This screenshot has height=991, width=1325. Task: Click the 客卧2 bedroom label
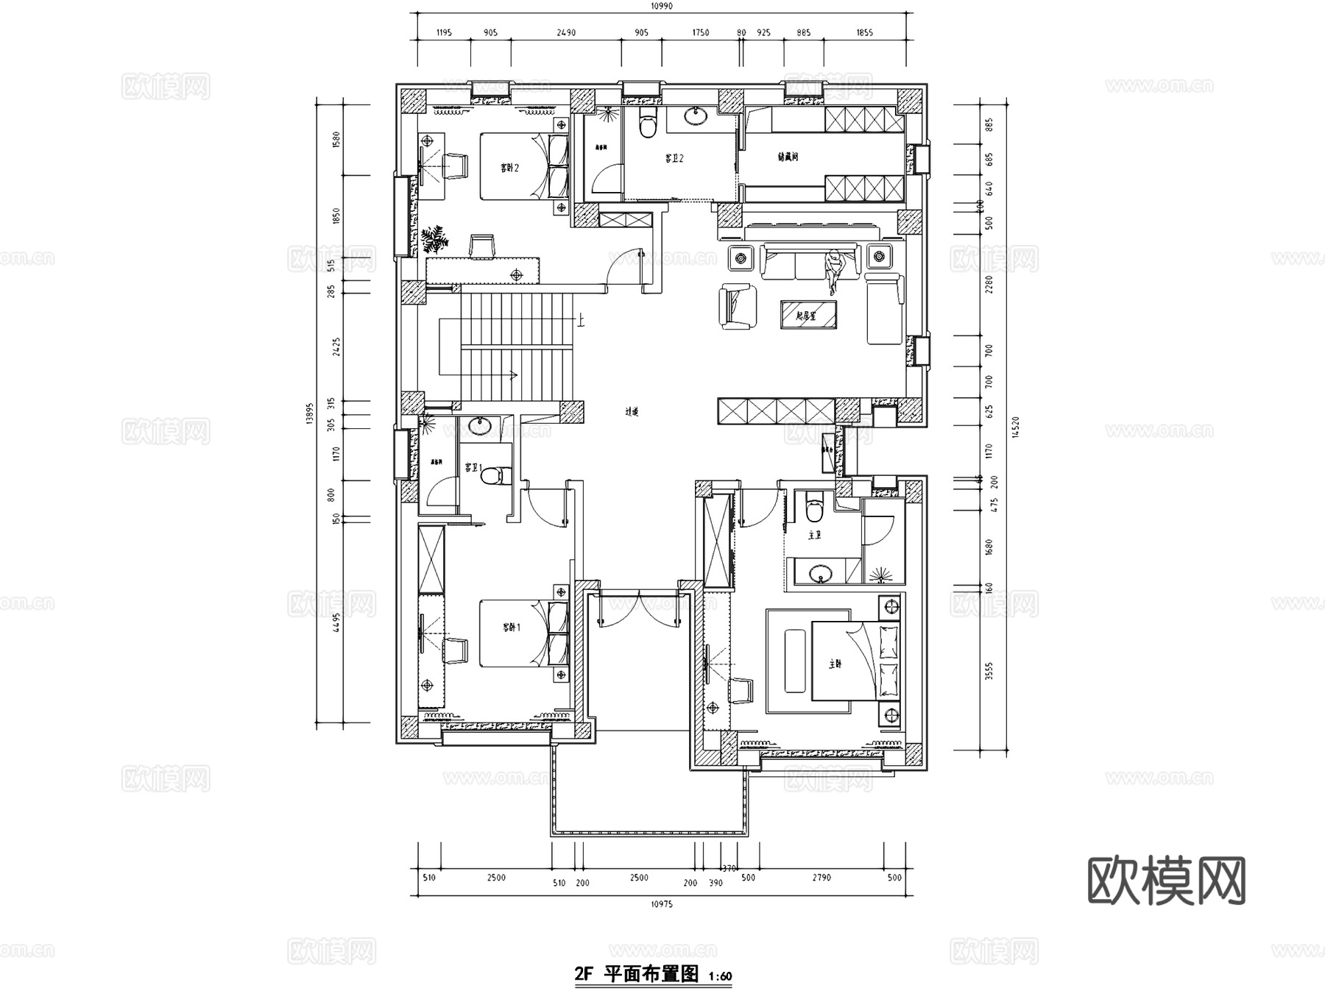(x=510, y=168)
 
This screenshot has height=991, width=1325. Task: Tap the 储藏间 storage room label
(x=788, y=157)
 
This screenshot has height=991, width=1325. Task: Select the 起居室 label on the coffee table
(x=808, y=316)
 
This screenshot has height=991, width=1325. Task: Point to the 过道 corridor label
(x=632, y=412)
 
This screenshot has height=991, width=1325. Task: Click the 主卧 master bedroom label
(x=835, y=664)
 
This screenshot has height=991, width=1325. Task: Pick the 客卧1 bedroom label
(x=512, y=628)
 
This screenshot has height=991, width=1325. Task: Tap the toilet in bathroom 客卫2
(x=647, y=124)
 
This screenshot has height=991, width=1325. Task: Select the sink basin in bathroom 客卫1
(x=481, y=425)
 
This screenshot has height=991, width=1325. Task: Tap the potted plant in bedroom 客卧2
(x=434, y=239)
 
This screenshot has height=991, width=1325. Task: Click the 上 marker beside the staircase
(x=582, y=320)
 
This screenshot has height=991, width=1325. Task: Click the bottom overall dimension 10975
(x=662, y=904)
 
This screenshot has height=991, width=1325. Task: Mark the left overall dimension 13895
(x=310, y=413)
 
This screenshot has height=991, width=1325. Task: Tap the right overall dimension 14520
(x=1016, y=427)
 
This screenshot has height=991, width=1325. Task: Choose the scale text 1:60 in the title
(x=720, y=977)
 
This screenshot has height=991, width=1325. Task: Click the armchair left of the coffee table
(x=738, y=306)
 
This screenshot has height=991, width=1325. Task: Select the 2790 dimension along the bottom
(x=821, y=878)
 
